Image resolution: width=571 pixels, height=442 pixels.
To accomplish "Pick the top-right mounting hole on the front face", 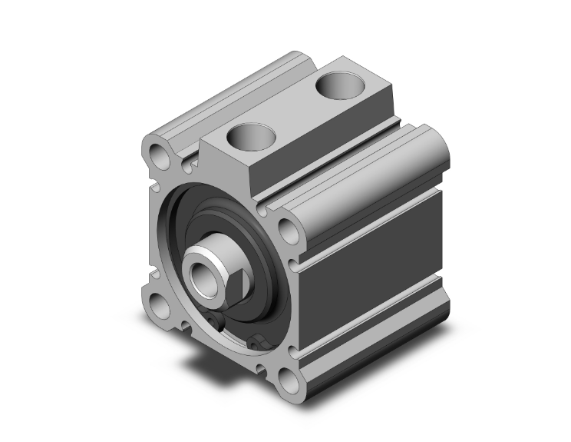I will click(x=286, y=228).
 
